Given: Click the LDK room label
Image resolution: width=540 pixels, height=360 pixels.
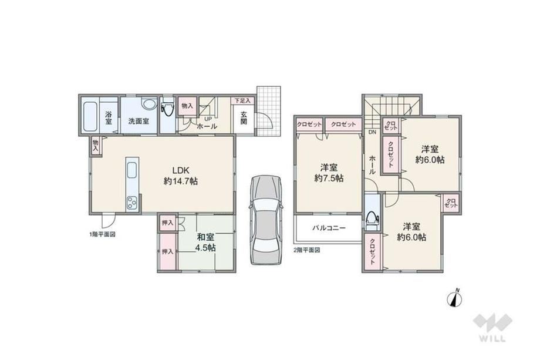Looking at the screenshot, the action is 180,176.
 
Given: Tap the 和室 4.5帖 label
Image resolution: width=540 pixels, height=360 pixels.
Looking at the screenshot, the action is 205,242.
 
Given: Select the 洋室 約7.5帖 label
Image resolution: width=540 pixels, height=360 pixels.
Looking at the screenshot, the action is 329,173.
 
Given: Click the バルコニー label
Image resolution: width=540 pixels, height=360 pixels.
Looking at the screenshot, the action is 329,228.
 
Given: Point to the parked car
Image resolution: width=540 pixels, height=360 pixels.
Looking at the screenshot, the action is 266,220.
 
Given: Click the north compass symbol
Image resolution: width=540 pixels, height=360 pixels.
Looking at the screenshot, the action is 455,298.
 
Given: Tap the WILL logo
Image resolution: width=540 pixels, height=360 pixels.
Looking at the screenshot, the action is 492,327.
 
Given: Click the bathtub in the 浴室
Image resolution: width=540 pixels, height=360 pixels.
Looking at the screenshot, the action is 90,116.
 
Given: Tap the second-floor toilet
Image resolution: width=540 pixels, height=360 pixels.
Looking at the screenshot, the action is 372,220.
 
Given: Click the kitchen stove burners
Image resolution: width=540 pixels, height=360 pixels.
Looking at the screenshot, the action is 132,203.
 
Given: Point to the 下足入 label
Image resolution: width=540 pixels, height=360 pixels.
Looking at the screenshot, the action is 243,100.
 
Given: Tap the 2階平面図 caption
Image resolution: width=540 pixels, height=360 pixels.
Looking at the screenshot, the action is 306,250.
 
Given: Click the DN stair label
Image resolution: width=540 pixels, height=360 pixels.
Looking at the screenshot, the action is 373,132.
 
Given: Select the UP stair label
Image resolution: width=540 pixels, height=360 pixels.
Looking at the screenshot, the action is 208,119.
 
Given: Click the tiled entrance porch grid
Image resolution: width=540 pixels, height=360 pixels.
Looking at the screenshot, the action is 269,111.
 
